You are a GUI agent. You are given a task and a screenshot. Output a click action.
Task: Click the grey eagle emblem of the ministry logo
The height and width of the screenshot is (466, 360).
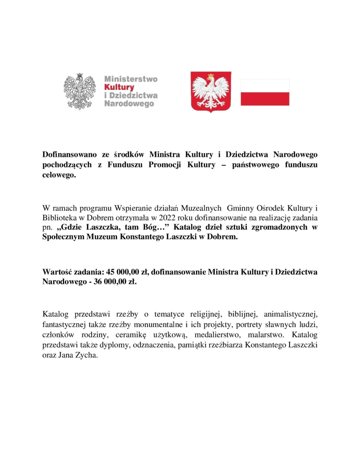coord(80,91)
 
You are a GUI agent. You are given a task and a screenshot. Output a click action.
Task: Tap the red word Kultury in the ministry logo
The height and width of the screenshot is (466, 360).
coord(119,87)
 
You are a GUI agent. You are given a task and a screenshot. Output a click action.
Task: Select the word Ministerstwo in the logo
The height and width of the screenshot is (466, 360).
coord(131,79)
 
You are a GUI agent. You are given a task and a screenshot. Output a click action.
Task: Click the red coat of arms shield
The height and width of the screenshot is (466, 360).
coord(211,92)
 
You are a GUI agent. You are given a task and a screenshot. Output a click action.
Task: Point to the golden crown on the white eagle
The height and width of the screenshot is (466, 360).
coord(211,75)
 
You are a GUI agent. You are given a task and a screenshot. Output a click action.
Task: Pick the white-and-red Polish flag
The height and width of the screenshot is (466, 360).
coord(265,92)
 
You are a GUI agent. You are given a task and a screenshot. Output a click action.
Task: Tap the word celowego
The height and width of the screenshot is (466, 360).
coord(58,175)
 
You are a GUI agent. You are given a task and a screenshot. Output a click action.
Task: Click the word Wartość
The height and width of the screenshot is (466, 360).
coord(57,272)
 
